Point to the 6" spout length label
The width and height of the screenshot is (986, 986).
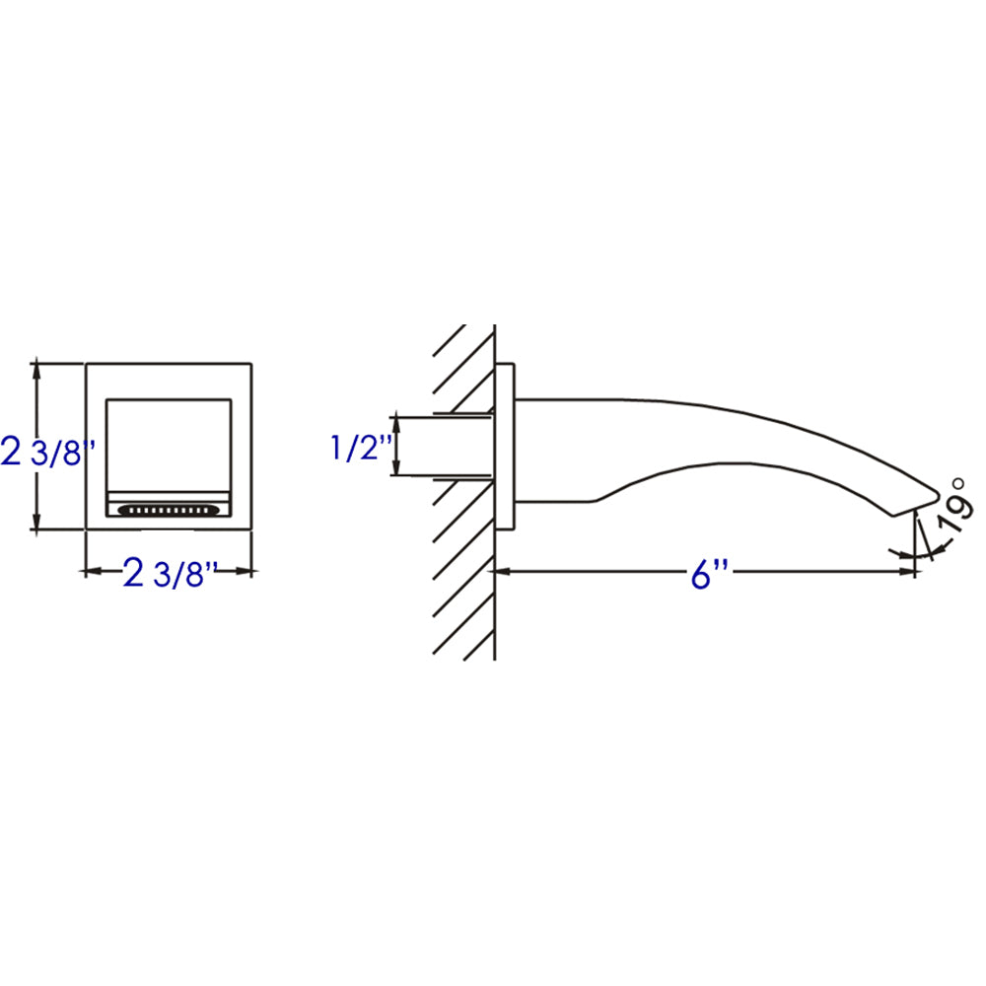point(702,573)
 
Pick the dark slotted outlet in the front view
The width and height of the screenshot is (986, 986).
point(169,511)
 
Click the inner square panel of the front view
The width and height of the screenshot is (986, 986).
point(169,444)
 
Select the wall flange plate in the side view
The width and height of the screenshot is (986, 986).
point(505,448)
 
